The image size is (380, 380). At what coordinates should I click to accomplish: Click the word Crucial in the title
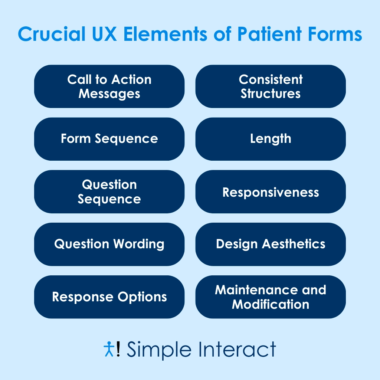(52, 34)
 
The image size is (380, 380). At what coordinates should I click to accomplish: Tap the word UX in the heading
(104, 34)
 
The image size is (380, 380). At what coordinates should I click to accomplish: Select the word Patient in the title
(269, 34)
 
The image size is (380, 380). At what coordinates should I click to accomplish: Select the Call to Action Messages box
(109, 86)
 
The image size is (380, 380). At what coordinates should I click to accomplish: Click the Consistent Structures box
(271, 86)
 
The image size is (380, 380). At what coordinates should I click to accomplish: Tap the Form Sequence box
(109, 139)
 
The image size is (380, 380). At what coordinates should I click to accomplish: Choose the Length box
(271, 139)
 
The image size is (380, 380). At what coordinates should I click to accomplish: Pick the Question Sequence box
(109, 191)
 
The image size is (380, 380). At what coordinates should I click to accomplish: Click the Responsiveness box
(271, 191)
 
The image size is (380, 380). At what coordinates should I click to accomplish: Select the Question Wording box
(109, 244)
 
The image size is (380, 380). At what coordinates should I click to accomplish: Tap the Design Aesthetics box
(271, 244)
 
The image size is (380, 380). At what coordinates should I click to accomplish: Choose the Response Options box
(109, 297)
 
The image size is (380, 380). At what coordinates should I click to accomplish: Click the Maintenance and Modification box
(271, 297)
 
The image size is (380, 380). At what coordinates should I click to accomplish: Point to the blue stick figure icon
(109, 349)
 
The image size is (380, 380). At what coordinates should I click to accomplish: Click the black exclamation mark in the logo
(118, 349)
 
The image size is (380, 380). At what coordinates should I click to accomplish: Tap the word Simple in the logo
(159, 350)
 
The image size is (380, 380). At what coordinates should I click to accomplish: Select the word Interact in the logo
(237, 349)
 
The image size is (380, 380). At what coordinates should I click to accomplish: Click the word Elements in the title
(166, 34)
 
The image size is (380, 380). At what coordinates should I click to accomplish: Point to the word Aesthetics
(294, 244)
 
